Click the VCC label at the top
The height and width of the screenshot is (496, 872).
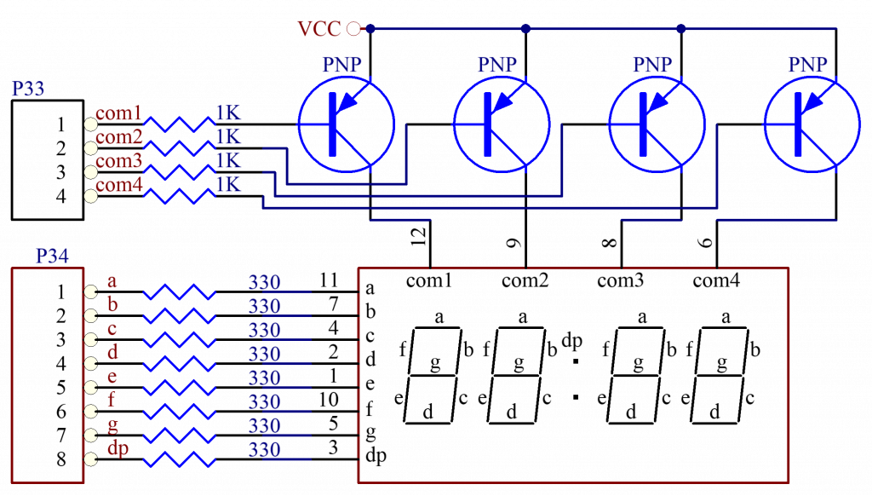[319, 28]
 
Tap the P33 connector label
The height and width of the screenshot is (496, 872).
[27, 89]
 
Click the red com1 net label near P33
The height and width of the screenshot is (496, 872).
[119, 113]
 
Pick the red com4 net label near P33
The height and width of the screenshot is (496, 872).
[119, 185]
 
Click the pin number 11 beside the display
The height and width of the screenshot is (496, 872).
[329, 280]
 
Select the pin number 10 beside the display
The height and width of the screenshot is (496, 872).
[329, 398]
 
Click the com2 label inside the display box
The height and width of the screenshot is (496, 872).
[525, 280]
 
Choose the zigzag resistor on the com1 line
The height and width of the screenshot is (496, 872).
[180, 124]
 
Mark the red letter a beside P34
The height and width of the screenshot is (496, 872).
[112, 280]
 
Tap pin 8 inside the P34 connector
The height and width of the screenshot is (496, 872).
[61, 459]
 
